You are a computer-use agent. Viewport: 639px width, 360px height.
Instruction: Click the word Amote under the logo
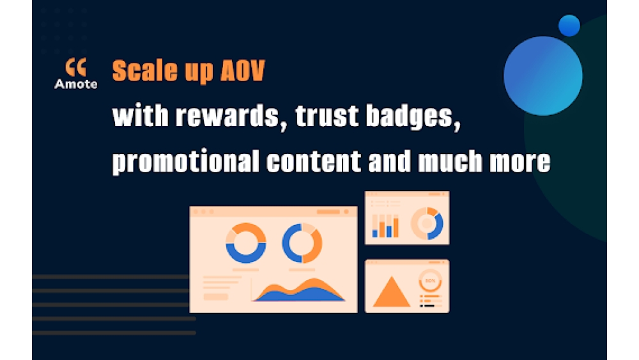76,84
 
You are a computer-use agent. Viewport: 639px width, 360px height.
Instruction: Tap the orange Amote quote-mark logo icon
76,67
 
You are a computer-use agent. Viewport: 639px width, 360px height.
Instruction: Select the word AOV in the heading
242,70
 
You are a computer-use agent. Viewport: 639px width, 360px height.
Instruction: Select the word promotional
185,162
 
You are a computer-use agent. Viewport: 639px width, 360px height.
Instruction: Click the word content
313,161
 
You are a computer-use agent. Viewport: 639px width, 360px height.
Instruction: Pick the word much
450,160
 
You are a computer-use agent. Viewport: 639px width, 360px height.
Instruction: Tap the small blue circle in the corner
569,26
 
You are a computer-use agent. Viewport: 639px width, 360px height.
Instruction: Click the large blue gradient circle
543,76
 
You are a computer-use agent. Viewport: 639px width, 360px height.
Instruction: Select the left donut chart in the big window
246,254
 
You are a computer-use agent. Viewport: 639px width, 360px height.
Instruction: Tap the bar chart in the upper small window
385,226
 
